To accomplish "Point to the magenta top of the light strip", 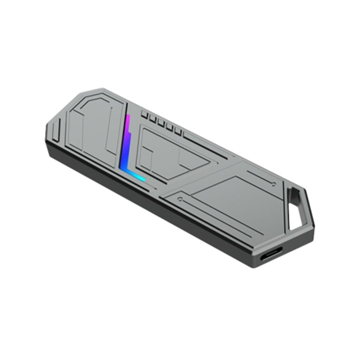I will pos(128,120).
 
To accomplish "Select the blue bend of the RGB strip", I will pos(124,162).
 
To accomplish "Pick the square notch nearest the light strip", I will pos(144,114).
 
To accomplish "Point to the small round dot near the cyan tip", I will pos(179,199).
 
